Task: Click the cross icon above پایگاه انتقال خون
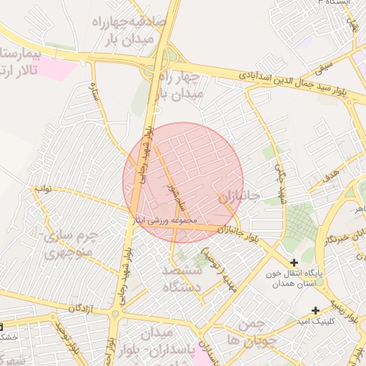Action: [x=294, y=262]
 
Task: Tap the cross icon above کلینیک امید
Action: [x=316, y=310]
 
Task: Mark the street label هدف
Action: [x=331, y=172]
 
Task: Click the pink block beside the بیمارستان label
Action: [x=58, y=69]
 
